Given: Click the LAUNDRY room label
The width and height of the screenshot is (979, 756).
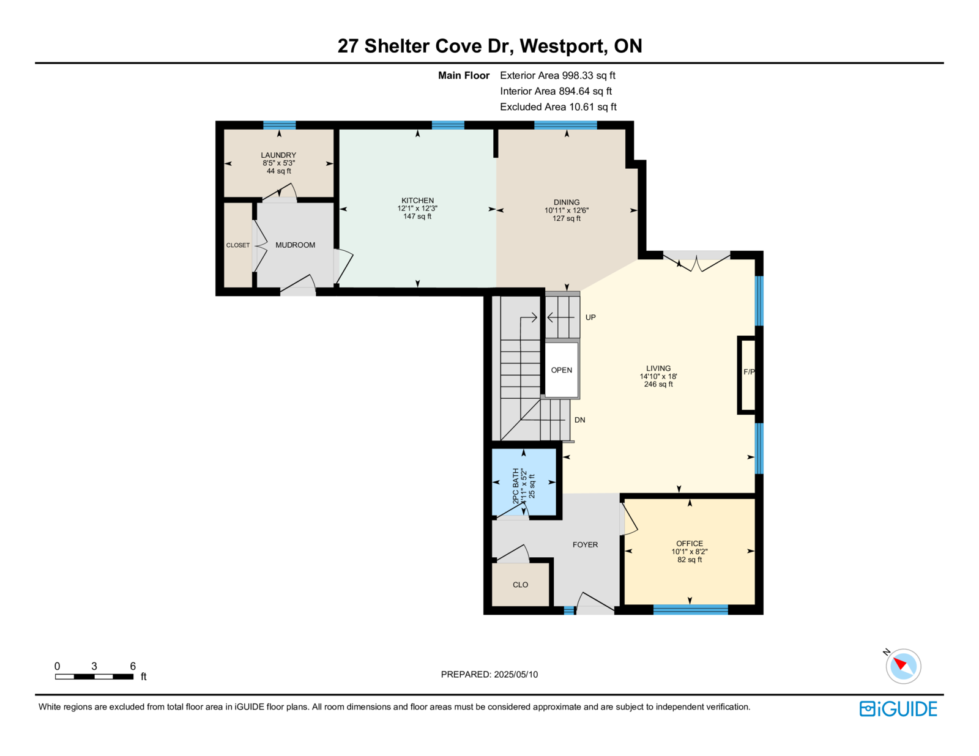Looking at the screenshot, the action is tap(278, 155).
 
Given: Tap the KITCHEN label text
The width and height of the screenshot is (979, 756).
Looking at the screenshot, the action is tap(418, 201).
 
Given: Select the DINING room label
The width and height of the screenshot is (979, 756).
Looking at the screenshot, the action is tap(567, 202).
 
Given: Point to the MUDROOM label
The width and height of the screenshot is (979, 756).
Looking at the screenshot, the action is tap(295, 245).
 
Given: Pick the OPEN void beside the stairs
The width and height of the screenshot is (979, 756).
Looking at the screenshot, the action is tap(561, 370).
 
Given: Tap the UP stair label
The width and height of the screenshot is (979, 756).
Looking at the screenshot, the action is tap(590, 317).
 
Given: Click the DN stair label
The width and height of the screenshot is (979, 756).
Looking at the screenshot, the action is tap(580, 420).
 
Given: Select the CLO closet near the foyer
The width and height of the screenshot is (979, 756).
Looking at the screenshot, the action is tap(520, 585).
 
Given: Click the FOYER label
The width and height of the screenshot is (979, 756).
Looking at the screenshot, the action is tap(585, 544).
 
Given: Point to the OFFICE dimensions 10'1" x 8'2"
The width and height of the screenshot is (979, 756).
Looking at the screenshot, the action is tap(690, 552).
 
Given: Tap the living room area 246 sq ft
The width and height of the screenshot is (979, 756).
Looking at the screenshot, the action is tap(658, 384).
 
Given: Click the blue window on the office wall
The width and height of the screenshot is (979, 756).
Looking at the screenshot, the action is tap(690, 610).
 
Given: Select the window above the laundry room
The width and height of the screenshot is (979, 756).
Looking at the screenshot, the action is tap(280, 125).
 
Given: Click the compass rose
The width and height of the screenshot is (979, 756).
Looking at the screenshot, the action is tap(903, 666).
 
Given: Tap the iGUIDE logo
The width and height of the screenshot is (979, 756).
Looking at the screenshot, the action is tap(898, 709).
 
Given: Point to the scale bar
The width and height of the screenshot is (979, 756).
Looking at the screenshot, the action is tap(94, 676).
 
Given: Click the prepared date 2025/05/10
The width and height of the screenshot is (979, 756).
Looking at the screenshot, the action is tap(515, 674).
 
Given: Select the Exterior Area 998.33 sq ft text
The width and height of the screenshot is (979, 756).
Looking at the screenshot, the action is tap(557, 75).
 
